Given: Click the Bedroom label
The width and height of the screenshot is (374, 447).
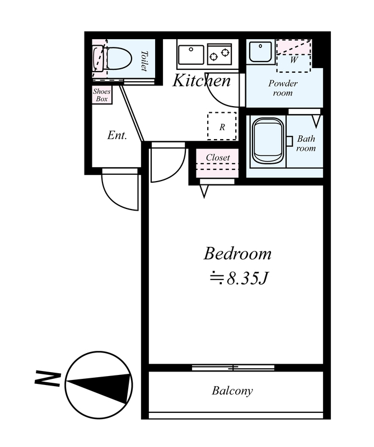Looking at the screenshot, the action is (x=237, y=254).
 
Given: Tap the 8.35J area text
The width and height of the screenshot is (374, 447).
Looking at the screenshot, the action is (x=239, y=278).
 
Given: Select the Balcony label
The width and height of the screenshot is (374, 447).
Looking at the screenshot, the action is (x=232, y=391).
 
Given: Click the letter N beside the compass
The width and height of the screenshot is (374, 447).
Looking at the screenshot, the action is (x=47, y=379).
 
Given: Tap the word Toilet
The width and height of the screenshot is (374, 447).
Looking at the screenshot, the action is (x=144, y=61).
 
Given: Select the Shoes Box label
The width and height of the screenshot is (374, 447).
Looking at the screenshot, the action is (x=102, y=95).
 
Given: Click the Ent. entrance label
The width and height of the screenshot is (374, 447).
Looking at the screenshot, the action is (x=117, y=135).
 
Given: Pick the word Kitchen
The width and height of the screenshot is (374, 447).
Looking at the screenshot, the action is (x=202, y=80).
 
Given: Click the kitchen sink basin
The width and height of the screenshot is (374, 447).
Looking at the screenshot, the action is (x=191, y=54).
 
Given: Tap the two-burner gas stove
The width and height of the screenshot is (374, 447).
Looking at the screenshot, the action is (x=219, y=54).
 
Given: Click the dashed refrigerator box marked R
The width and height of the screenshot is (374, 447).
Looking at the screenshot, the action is (x=222, y=126).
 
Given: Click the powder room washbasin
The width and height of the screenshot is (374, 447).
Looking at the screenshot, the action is (x=260, y=51).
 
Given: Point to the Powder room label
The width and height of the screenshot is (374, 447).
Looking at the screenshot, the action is (x=283, y=88).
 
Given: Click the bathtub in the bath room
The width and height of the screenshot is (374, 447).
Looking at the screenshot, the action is (x=268, y=141).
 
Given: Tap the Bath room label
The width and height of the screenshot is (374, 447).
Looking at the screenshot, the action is (x=306, y=143).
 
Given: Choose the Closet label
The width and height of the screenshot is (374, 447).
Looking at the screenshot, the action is (x=218, y=158).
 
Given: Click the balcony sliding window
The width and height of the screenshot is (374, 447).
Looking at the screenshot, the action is (x=233, y=368).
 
